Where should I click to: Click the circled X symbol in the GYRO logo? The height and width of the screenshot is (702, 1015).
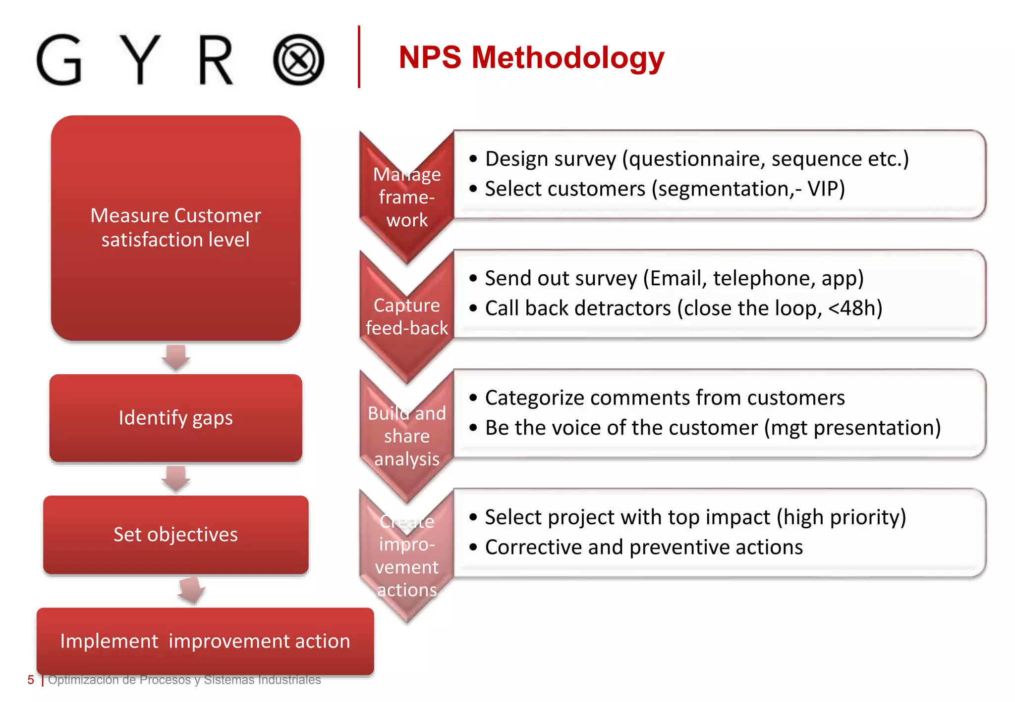tap(298, 60)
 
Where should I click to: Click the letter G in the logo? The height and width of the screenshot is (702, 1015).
tap(59, 60)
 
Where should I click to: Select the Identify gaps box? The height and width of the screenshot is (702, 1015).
tap(175, 418)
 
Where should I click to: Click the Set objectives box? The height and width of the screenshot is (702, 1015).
tap(175, 535)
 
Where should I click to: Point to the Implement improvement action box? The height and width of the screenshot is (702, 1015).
tap(205, 641)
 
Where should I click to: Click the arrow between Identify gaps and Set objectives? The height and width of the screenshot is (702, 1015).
tap(176, 478)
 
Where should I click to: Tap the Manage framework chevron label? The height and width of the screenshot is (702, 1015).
tap(407, 197)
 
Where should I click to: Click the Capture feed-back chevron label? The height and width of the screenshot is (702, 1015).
tap(407, 317)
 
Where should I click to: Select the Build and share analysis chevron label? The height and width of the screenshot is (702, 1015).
tap(407, 436)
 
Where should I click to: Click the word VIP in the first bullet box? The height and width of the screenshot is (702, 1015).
tap(826, 189)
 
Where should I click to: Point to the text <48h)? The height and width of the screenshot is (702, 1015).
tap(855, 308)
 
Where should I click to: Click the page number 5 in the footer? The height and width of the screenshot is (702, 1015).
tap(31, 680)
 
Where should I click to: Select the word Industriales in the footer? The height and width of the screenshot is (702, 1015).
tap(292, 680)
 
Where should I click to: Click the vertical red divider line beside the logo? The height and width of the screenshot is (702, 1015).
tap(359, 57)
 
